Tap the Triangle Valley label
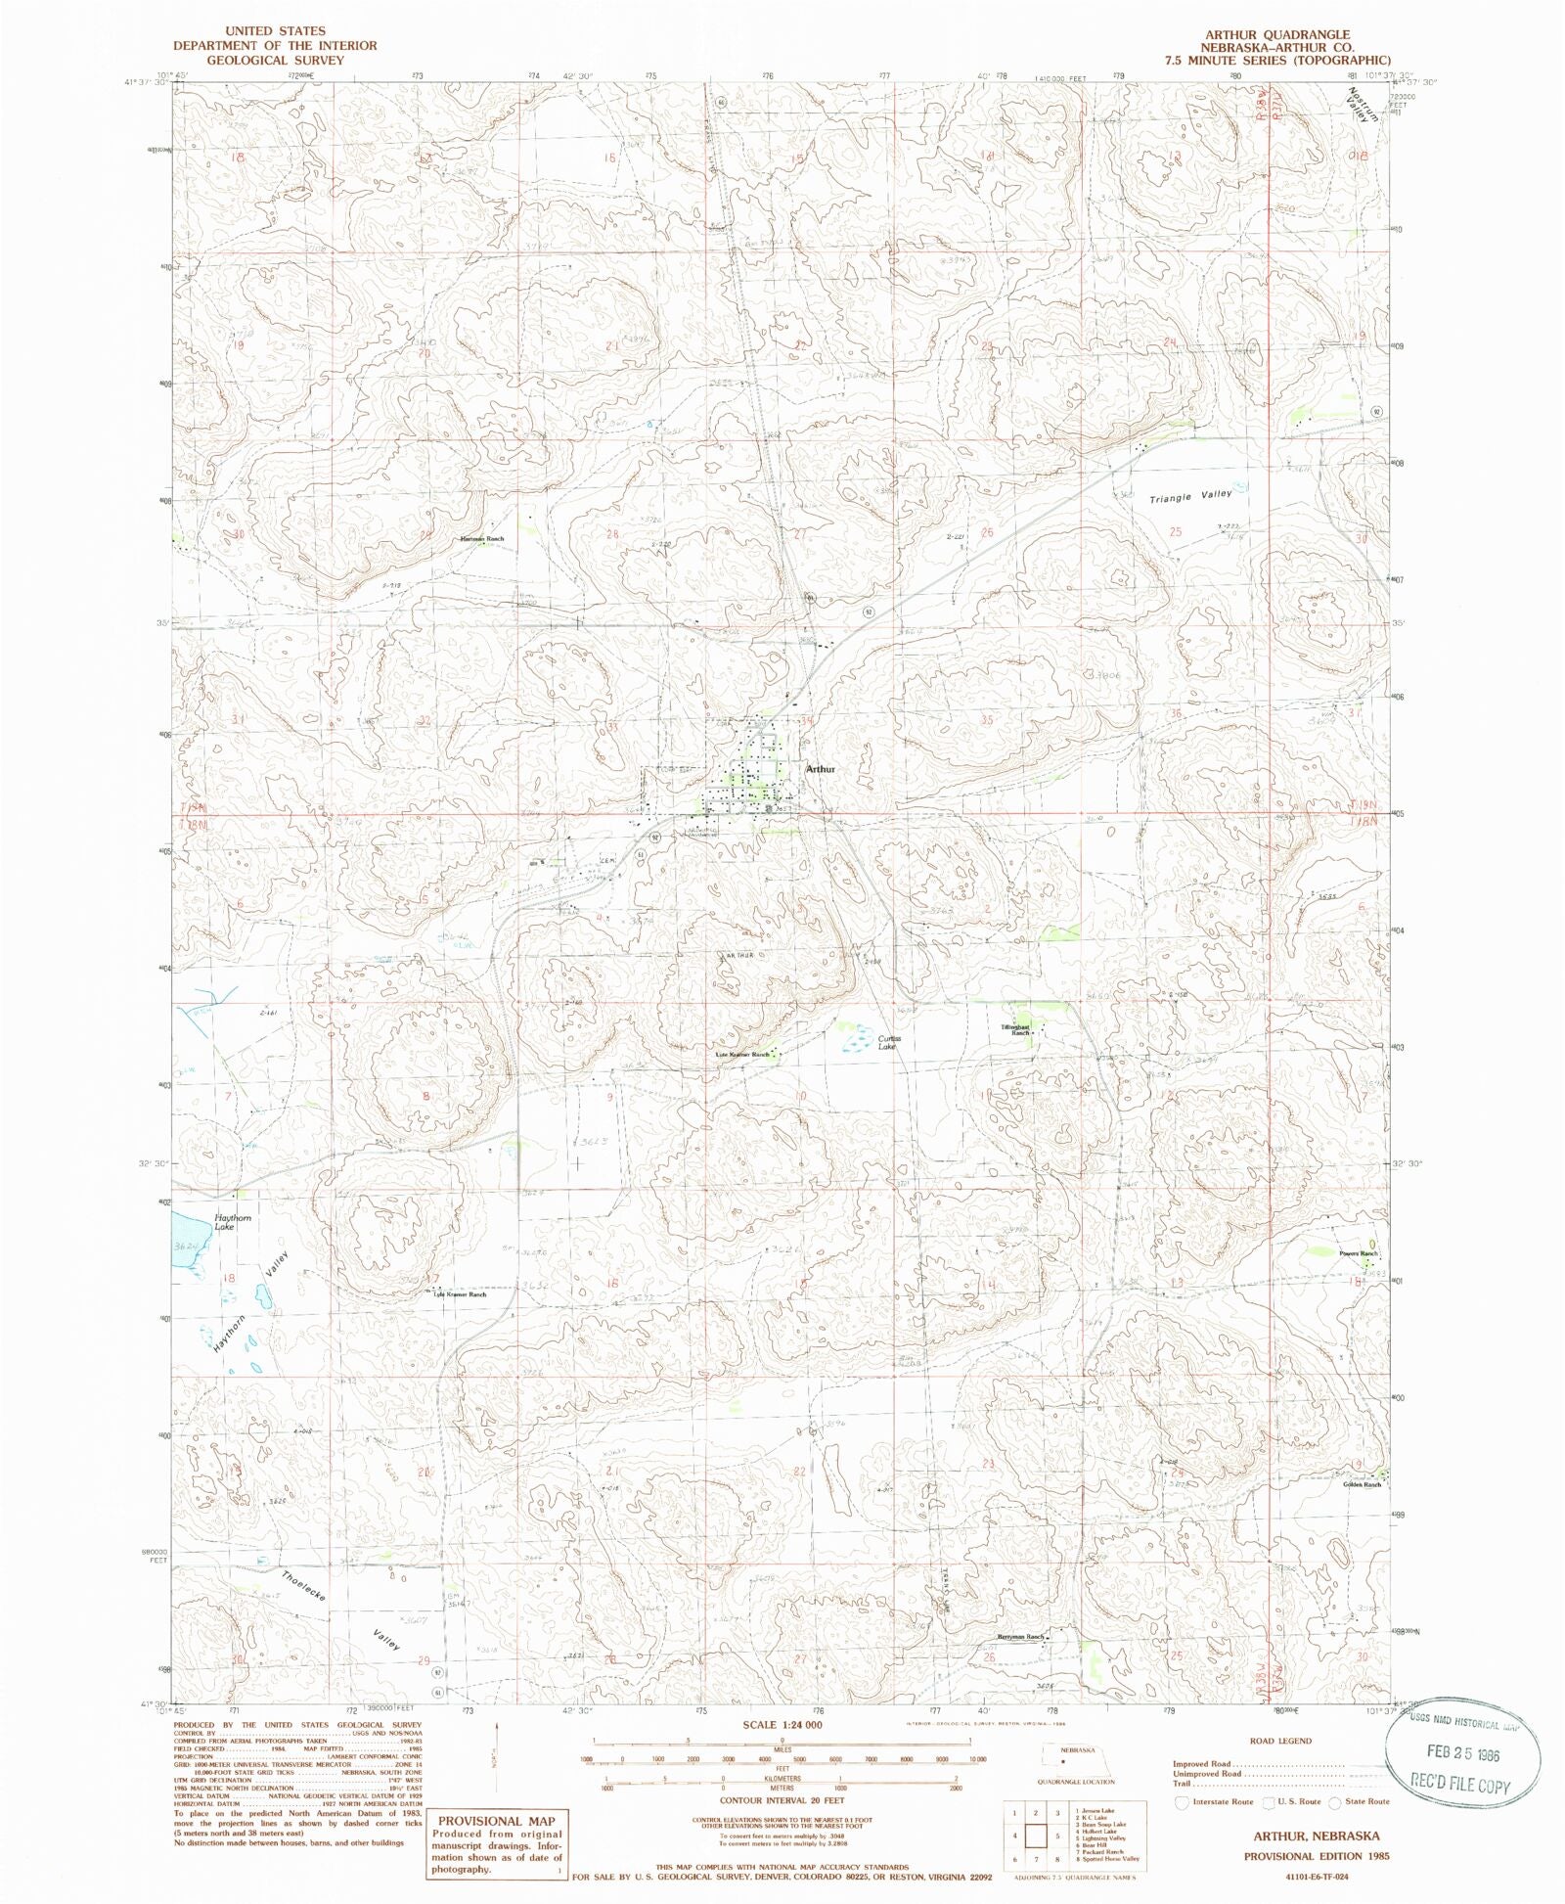click(x=1190, y=497)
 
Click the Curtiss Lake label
click(x=887, y=1043)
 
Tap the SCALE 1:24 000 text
click(x=782, y=1724)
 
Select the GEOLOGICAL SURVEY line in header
click(x=273, y=60)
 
